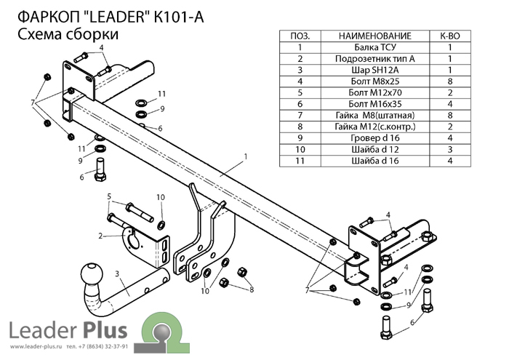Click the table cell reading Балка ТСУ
375,47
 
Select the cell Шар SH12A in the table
375,70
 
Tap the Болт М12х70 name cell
375,93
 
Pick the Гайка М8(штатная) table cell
375,116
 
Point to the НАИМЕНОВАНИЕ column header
375,36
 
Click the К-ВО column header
450,36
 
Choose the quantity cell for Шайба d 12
450,150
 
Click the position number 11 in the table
300,161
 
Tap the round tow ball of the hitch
92,274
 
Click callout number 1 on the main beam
246,157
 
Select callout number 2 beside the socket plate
100,236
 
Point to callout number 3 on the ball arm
117,274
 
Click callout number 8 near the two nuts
252,289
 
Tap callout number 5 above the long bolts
109,196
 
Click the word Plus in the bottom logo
106,330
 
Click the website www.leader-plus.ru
36,347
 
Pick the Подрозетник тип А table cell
375,59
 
